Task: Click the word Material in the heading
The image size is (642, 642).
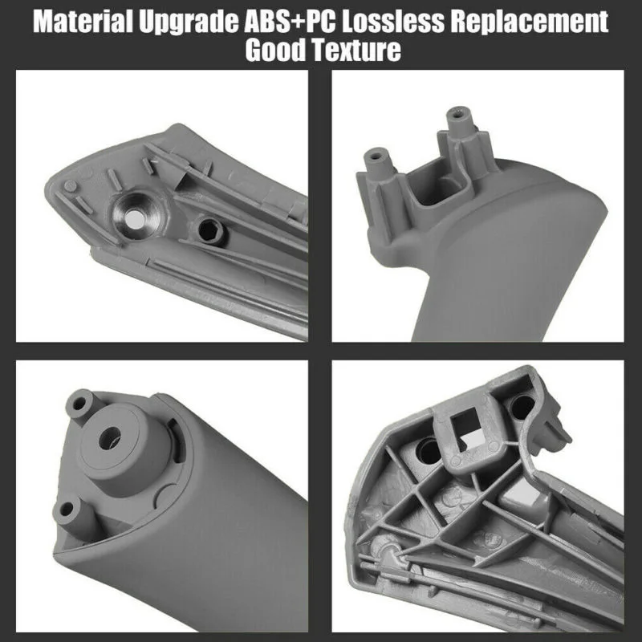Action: pos(83,22)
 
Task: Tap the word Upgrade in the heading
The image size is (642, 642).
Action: pos(189,22)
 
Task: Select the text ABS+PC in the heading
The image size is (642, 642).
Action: pos(290,22)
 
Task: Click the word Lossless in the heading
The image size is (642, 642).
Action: pos(393,22)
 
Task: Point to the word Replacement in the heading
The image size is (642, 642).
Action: pos(530,22)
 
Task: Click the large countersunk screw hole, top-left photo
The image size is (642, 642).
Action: pos(135,215)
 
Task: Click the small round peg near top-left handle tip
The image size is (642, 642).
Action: pos(71,186)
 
